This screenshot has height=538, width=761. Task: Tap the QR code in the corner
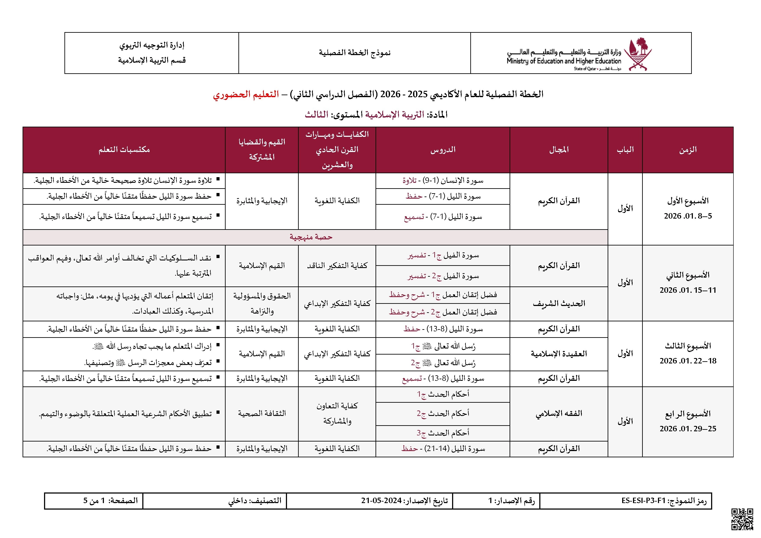coord(742,519)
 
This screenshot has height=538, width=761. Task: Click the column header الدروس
coord(443,150)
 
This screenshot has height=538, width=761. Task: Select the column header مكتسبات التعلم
coord(124,150)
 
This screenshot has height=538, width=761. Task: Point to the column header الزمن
coord(688,150)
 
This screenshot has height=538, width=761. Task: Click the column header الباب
coord(625,150)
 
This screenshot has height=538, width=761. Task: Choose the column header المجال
coord(559,150)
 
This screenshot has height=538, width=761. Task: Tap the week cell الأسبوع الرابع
coord(688,414)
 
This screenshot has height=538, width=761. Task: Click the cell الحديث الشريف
coord(559,303)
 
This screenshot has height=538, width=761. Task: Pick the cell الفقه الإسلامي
coord(559,414)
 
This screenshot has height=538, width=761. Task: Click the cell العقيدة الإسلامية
coord(559,354)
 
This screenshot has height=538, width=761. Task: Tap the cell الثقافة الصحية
coord(262,414)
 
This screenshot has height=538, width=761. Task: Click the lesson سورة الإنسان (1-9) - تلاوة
coord(443,181)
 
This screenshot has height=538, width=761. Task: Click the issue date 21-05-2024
coord(381,500)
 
